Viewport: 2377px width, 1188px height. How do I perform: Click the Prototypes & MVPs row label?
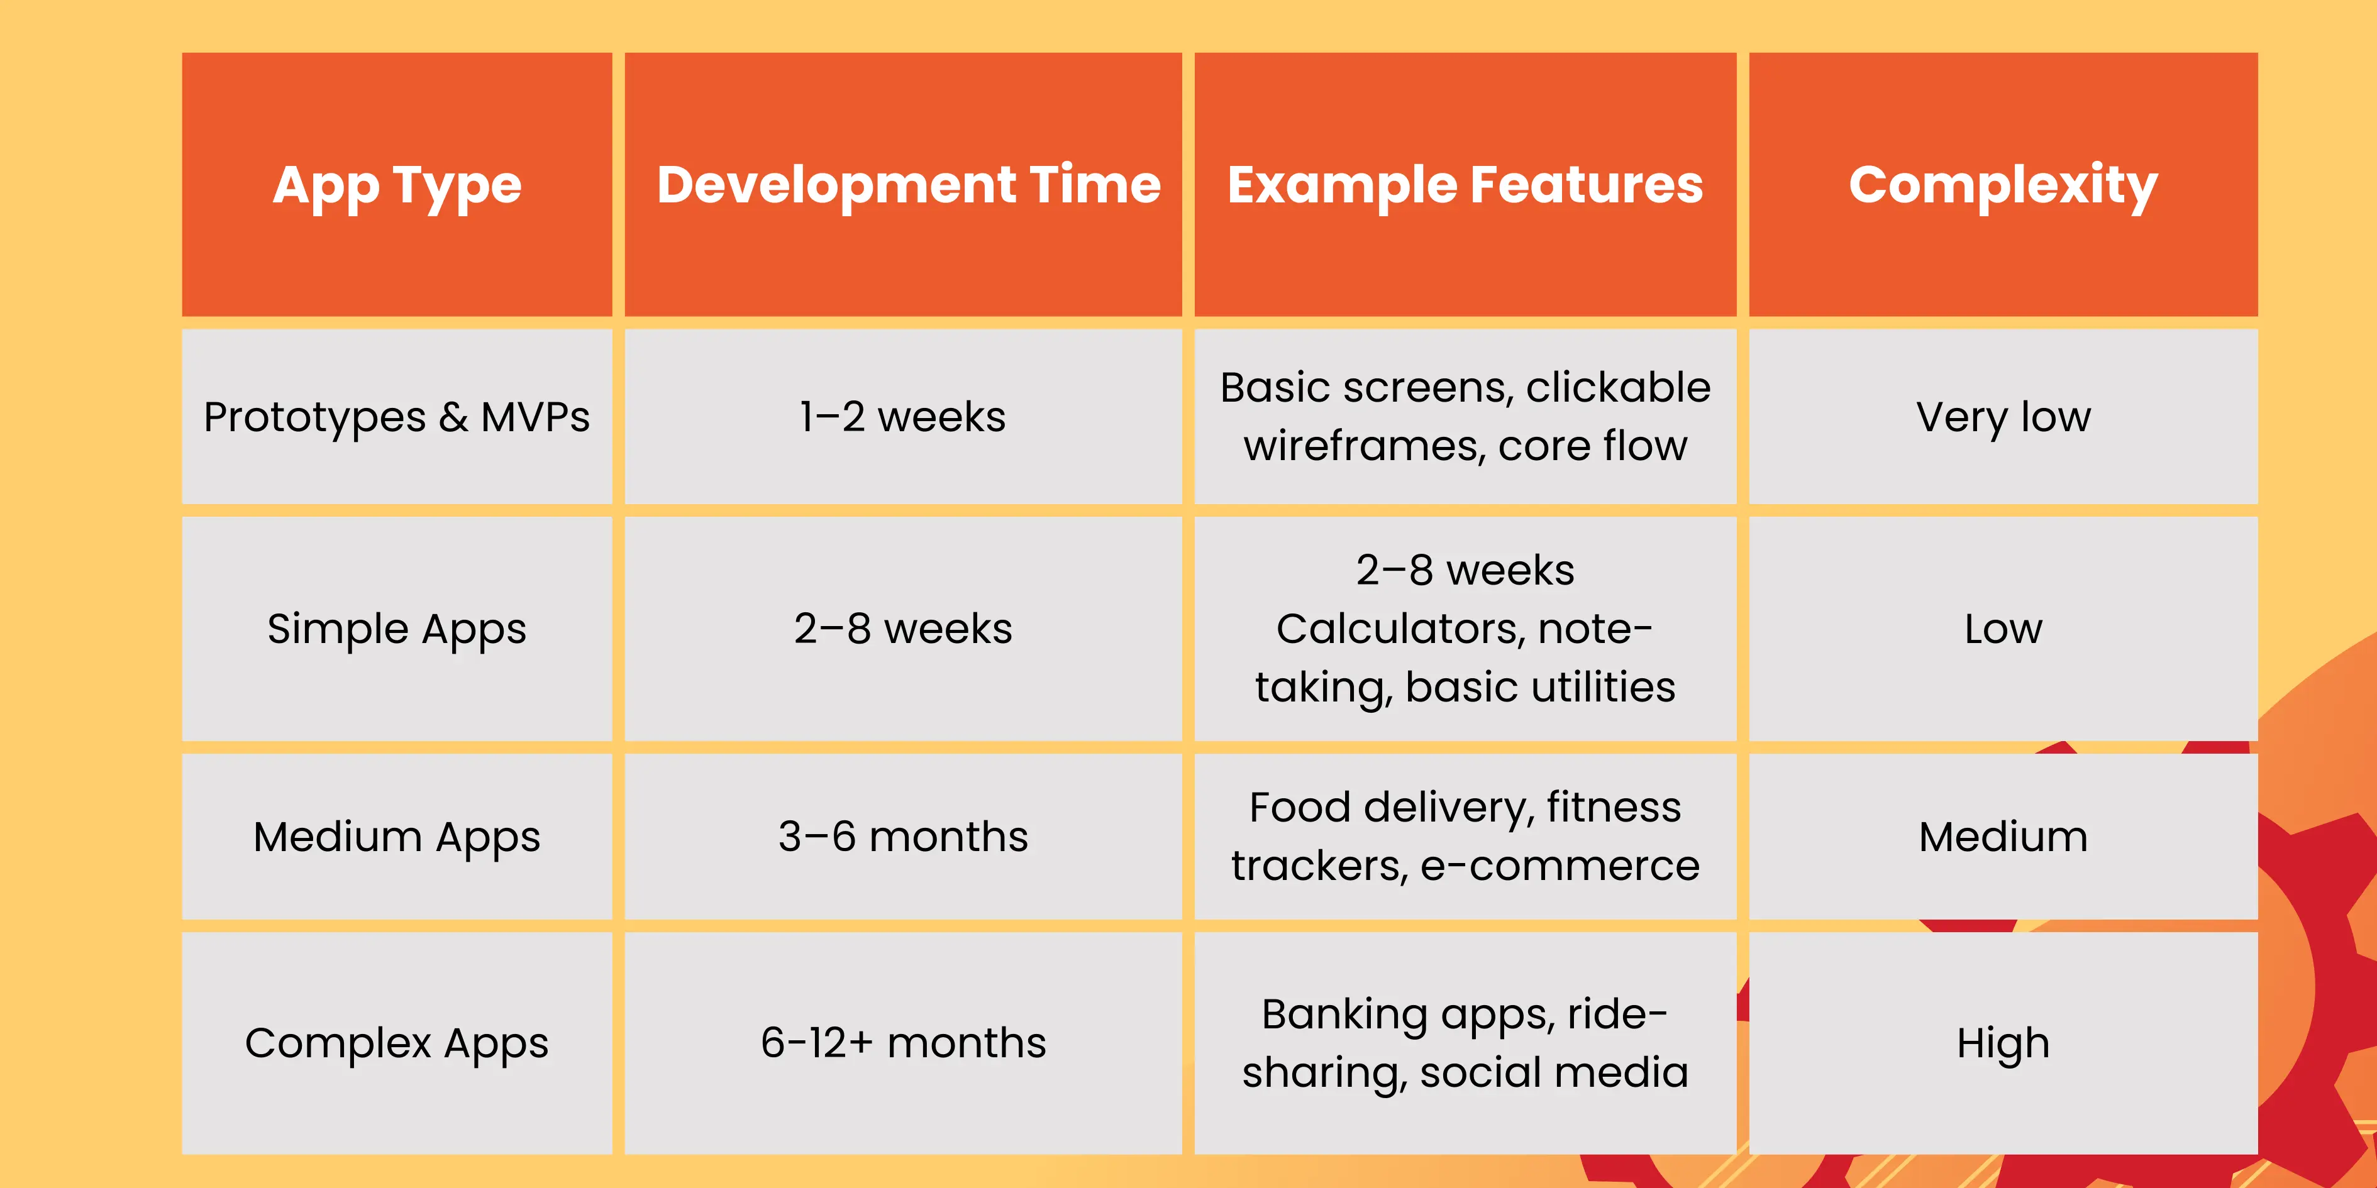(x=397, y=417)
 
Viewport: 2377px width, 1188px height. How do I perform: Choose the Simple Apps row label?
(x=397, y=629)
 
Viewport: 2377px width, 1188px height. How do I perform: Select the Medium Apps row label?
(x=397, y=837)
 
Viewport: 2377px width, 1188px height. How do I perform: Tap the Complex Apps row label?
(x=397, y=1043)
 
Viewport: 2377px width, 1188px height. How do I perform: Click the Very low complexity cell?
(x=2003, y=417)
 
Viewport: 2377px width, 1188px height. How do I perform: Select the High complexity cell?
(x=2003, y=1043)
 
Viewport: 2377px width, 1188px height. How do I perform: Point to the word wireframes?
(x=1365, y=446)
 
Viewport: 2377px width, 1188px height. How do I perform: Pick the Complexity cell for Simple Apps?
(x=2003, y=629)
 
